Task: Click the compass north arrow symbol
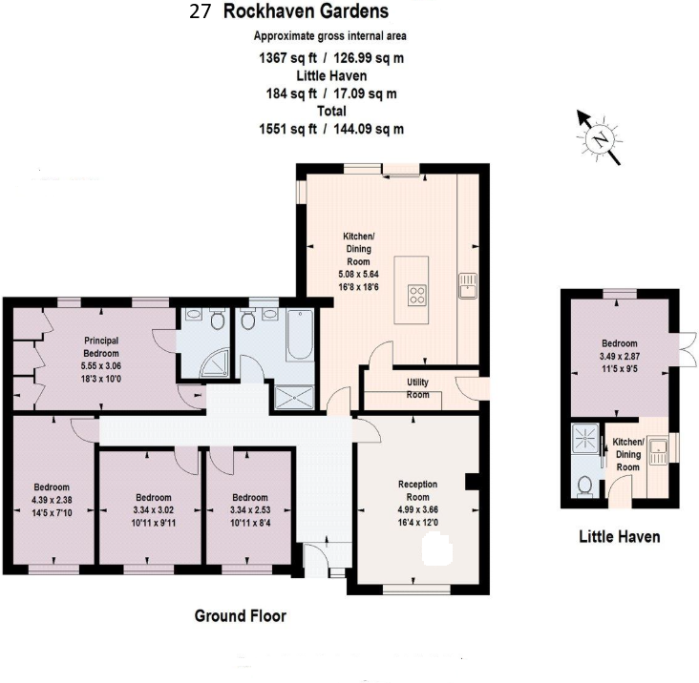pyautogui.click(x=599, y=138)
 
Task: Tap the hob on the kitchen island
pyautogui.click(x=418, y=295)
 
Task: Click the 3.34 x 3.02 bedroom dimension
pyautogui.click(x=153, y=509)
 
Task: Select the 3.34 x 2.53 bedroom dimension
pyautogui.click(x=249, y=509)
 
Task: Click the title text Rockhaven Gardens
pyautogui.click(x=306, y=12)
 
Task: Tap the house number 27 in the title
pyautogui.click(x=201, y=12)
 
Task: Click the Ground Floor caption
pyautogui.click(x=240, y=616)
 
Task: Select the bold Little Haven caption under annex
pyautogui.click(x=619, y=537)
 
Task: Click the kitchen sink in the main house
pyautogui.click(x=467, y=284)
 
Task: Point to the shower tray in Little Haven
pyautogui.click(x=582, y=440)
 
